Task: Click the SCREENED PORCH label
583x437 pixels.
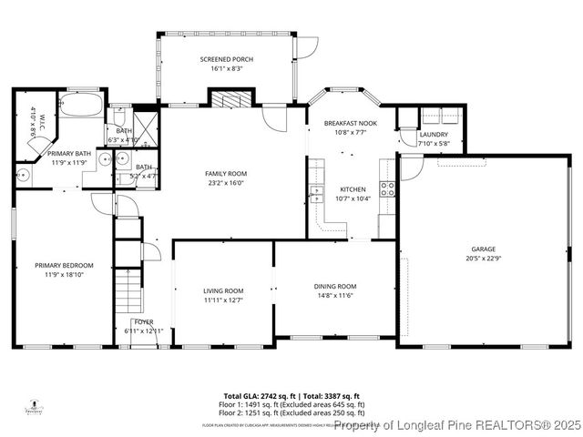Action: [226, 59]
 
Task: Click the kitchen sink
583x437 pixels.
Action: [316, 193]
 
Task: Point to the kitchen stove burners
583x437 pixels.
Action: [387, 189]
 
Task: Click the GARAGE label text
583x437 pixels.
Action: [482, 249]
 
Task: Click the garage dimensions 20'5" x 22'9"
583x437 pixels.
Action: [482, 258]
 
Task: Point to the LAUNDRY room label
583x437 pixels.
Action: [433, 134]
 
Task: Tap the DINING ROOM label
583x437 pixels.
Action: [334, 286]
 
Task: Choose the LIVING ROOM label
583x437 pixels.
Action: [222, 290]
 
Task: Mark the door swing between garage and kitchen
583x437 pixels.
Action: [411, 167]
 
